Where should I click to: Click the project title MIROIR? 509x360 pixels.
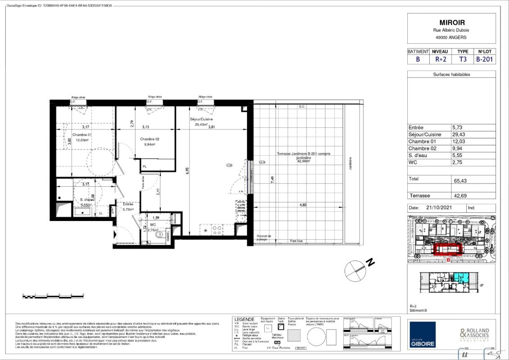coord(451,22)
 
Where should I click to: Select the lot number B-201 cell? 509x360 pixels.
coord(486,59)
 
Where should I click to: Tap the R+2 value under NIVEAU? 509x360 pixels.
coord(440,59)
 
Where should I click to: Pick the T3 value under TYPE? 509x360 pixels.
coord(463,59)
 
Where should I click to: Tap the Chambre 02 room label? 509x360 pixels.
coord(150,139)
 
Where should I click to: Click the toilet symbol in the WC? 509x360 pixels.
coord(158,234)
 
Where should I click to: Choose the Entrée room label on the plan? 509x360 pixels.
coord(128,204)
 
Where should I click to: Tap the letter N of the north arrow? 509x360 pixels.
coord(370,261)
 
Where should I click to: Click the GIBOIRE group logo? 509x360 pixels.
coord(422,334)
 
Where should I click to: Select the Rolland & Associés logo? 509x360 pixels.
coord(474,334)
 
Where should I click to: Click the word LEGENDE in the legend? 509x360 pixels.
coord(245,319)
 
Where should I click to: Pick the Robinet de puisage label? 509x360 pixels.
coord(264,238)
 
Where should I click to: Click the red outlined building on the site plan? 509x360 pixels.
coord(448,249)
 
